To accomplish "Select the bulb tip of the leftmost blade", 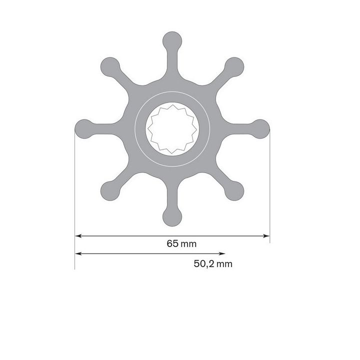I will pos(82,128).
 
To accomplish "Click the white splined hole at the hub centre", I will pos(172,128).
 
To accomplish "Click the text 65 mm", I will pos(181,244).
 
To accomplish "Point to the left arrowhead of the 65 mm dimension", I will pos(78,235).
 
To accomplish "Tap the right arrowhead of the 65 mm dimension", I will pos(266,235).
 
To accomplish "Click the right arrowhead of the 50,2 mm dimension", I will pos(222,254).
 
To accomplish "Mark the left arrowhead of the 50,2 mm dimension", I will pos(78,254).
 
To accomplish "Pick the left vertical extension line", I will pos(74,200).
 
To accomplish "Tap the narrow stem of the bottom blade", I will pos(172,197).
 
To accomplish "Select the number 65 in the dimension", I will pos(172,244).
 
